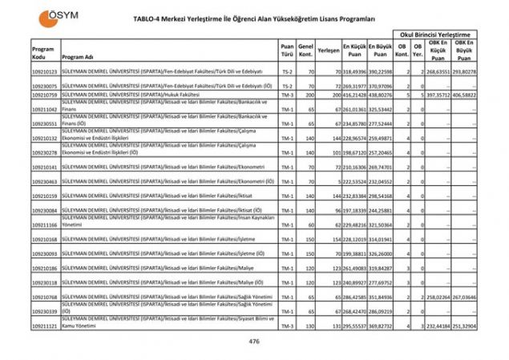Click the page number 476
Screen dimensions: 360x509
(x=254, y=342)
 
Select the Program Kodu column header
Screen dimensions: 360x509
(x=42, y=53)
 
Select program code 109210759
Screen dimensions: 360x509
(x=45, y=95)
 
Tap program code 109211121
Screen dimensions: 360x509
(x=45, y=326)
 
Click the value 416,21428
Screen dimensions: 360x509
(x=354, y=95)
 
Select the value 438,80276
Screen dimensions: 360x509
(x=381, y=95)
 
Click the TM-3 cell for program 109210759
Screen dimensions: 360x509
(x=287, y=95)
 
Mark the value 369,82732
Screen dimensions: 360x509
(x=381, y=326)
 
